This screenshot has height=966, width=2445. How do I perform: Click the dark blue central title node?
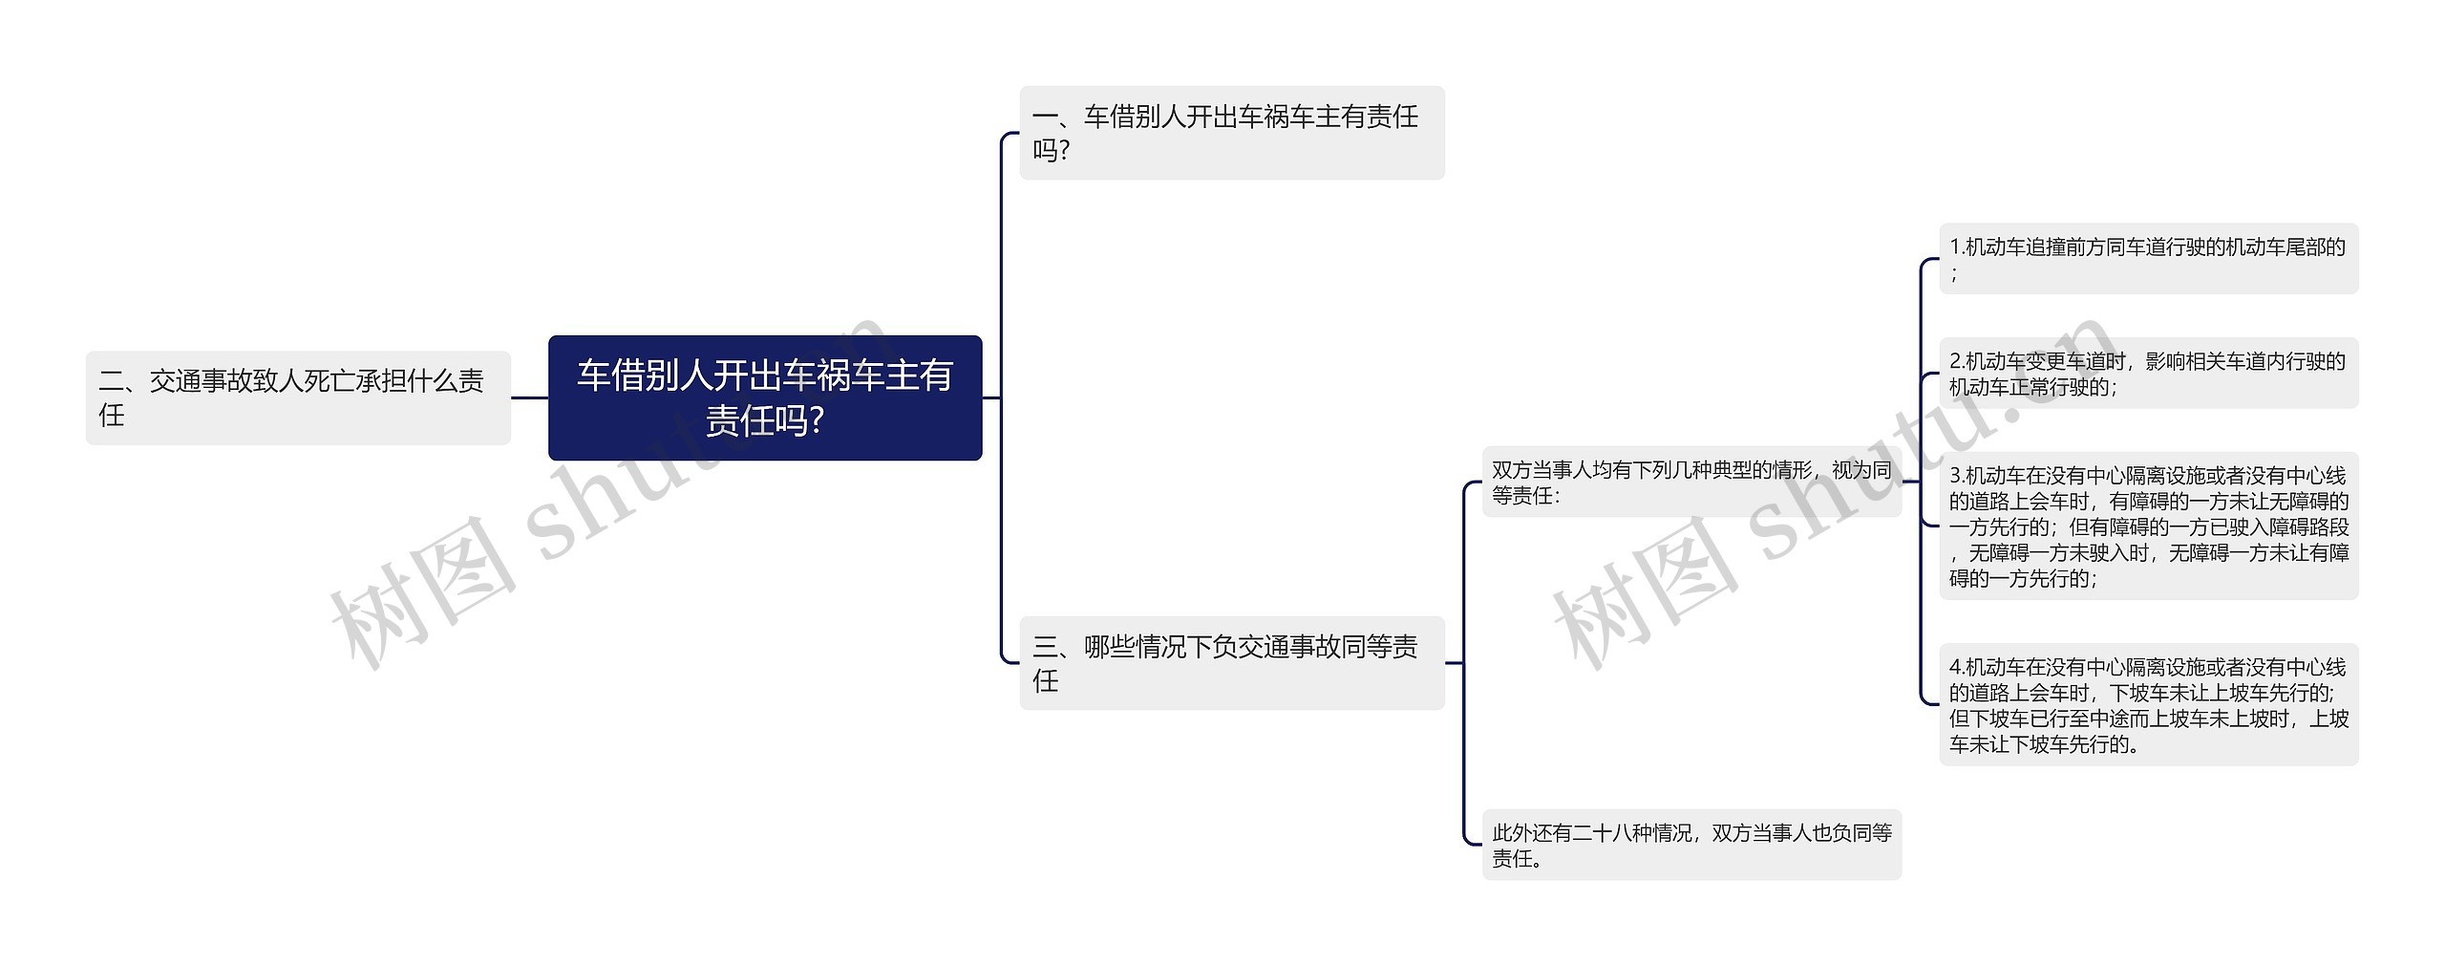(764, 397)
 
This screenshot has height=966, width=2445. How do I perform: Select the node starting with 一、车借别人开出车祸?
(1231, 133)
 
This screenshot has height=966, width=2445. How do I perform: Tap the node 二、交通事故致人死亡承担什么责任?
(298, 397)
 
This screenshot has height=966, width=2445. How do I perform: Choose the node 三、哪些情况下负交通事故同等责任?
(1231, 662)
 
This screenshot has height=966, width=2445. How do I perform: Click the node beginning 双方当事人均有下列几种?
(1690, 483)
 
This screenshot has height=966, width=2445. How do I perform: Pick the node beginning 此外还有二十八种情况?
(1690, 845)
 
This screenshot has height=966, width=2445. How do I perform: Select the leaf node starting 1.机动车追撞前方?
(2148, 259)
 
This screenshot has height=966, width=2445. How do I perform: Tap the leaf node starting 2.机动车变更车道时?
(2148, 374)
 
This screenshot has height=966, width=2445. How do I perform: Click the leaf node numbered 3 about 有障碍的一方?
(2148, 526)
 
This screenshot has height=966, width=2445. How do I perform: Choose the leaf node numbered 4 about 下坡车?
(2148, 705)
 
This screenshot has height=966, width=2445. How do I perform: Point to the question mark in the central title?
(816, 421)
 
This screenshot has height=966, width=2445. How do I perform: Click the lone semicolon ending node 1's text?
(1955, 274)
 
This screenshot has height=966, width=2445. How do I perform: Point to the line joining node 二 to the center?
(529, 397)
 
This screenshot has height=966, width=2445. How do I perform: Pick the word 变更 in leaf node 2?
(2046, 361)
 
